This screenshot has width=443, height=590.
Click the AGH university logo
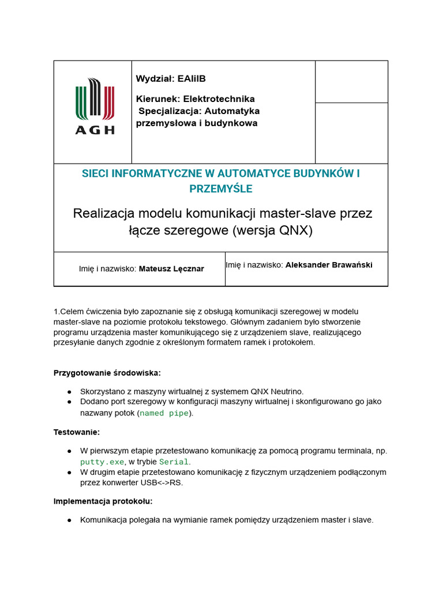point(95,107)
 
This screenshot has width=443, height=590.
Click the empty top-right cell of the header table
point(351,82)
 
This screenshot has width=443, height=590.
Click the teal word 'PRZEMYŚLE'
point(221,189)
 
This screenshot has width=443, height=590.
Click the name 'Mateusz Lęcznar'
point(171,268)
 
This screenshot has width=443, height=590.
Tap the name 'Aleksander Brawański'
point(329,265)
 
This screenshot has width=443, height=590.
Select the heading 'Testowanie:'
point(77,432)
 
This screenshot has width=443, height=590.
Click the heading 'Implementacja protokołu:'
point(103,501)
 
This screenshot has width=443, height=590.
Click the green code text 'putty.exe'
point(102,462)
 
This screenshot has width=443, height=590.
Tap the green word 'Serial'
point(174,462)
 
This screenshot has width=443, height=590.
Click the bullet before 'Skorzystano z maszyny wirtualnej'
point(69,391)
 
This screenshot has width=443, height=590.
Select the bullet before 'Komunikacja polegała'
point(69,520)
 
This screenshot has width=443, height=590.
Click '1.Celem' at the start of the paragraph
point(67,311)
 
